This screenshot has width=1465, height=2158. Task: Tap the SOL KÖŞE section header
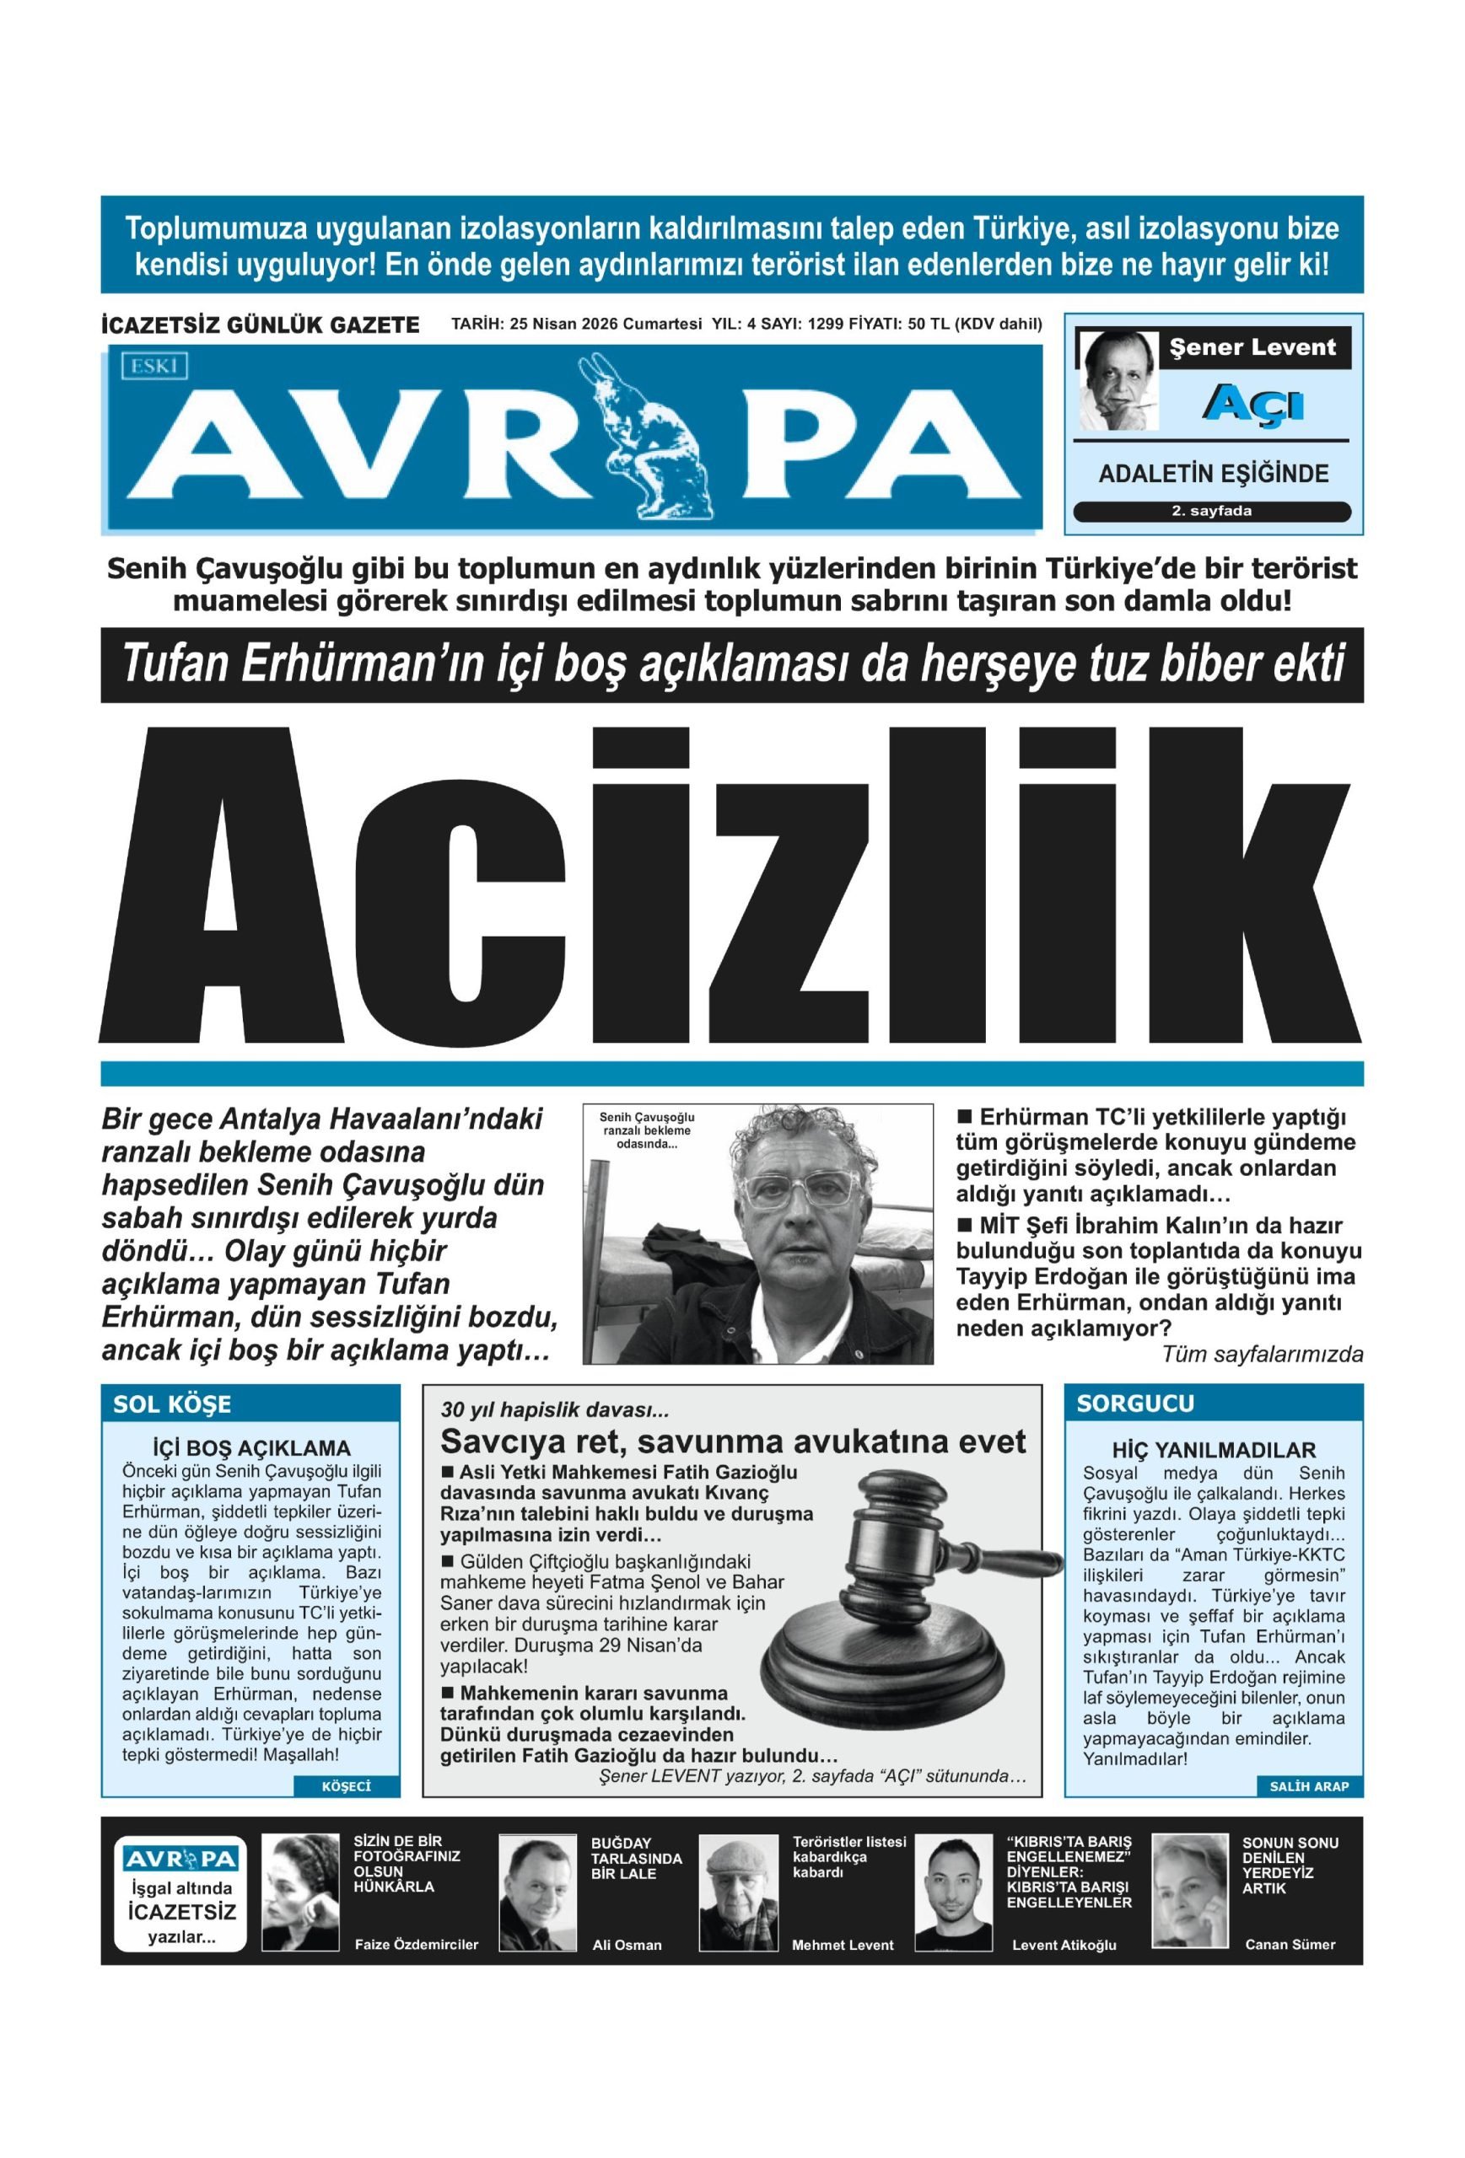pos(173,1404)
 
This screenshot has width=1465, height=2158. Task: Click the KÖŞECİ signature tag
pos(346,1786)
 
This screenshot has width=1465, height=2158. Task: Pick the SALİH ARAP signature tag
pos(1308,1786)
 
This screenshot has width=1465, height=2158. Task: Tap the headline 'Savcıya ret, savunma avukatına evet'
pos(732,1442)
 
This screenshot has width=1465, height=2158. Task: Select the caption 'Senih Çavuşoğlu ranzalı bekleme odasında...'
pos(646,1130)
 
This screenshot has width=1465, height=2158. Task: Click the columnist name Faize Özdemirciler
pos(416,1945)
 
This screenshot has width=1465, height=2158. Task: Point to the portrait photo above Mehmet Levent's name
pos(738,1891)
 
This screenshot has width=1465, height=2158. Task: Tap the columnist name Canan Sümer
pos(1290,1945)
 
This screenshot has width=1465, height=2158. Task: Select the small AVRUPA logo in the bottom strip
pos(180,1858)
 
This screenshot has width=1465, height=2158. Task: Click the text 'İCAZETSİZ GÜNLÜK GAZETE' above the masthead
pos(259,325)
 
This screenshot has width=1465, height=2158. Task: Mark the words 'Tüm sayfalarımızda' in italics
pos(1262,1355)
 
